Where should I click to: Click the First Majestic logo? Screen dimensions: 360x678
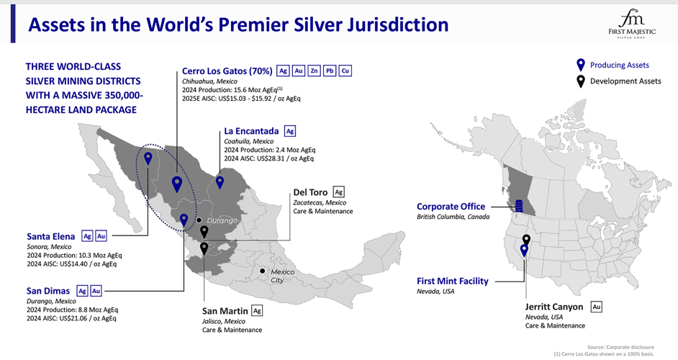tap(633, 24)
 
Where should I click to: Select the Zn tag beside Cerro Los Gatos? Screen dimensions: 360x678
tap(314, 71)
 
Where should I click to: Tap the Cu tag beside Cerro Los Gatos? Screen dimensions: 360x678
tap(345, 71)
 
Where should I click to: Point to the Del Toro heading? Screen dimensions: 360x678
tap(310, 192)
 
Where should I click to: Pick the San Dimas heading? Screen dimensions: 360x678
tap(49, 291)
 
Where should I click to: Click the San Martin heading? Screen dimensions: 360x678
tap(225, 311)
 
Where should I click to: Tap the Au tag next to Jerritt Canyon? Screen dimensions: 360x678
tap(596, 307)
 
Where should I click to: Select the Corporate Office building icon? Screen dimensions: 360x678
tap(519, 207)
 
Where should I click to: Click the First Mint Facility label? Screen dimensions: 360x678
tap(452, 281)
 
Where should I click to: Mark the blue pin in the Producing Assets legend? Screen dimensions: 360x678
tap(580, 65)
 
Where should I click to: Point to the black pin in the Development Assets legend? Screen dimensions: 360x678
tap(580, 81)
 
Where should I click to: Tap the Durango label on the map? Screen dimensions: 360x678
tap(222, 220)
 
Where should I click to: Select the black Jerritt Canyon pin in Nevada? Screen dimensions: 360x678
tap(526, 239)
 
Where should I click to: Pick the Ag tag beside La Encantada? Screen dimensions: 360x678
tap(290, 131)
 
